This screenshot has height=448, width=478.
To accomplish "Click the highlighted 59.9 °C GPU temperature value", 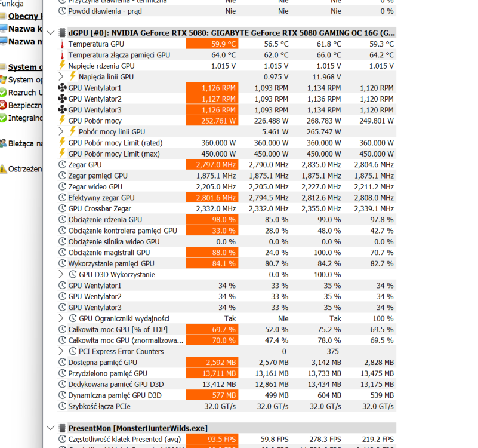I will point(212,44).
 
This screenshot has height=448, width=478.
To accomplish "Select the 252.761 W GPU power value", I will point(212,121).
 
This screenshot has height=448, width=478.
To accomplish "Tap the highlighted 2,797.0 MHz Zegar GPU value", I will point(212,165).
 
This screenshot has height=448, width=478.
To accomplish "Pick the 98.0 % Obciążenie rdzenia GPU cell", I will point(212,220).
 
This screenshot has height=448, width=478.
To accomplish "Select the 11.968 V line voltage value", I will point(325,77).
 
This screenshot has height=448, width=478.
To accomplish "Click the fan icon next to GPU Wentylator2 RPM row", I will point(62,99).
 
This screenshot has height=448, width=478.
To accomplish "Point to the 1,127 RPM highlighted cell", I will point(212,99).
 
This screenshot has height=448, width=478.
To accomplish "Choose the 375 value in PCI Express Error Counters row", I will point(332,352).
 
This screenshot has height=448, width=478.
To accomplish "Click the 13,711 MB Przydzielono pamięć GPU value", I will point(212,373).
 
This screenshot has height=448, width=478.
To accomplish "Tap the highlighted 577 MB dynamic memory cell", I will point(212,395).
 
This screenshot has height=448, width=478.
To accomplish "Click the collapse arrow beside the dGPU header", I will point(51,33).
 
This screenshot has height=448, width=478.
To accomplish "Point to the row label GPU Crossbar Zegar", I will point(100,209).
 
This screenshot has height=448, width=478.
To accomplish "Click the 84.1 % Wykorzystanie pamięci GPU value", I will point(212,263).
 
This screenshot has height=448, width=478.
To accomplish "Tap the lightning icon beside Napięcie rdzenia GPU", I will point(62,66).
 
